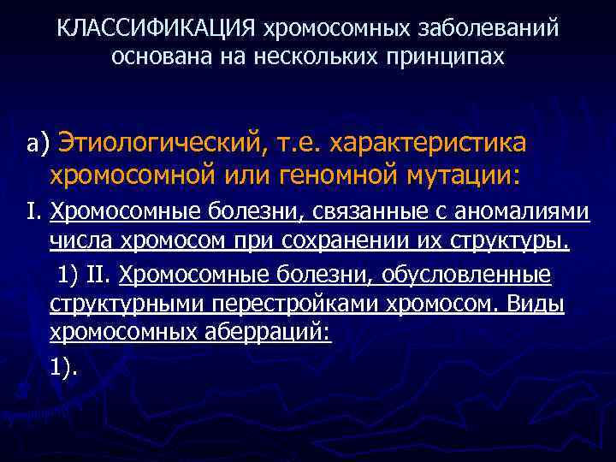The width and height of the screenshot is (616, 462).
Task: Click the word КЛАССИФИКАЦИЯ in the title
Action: [x=156, y=28]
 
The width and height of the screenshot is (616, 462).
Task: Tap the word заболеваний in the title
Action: [x=489, y=28]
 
